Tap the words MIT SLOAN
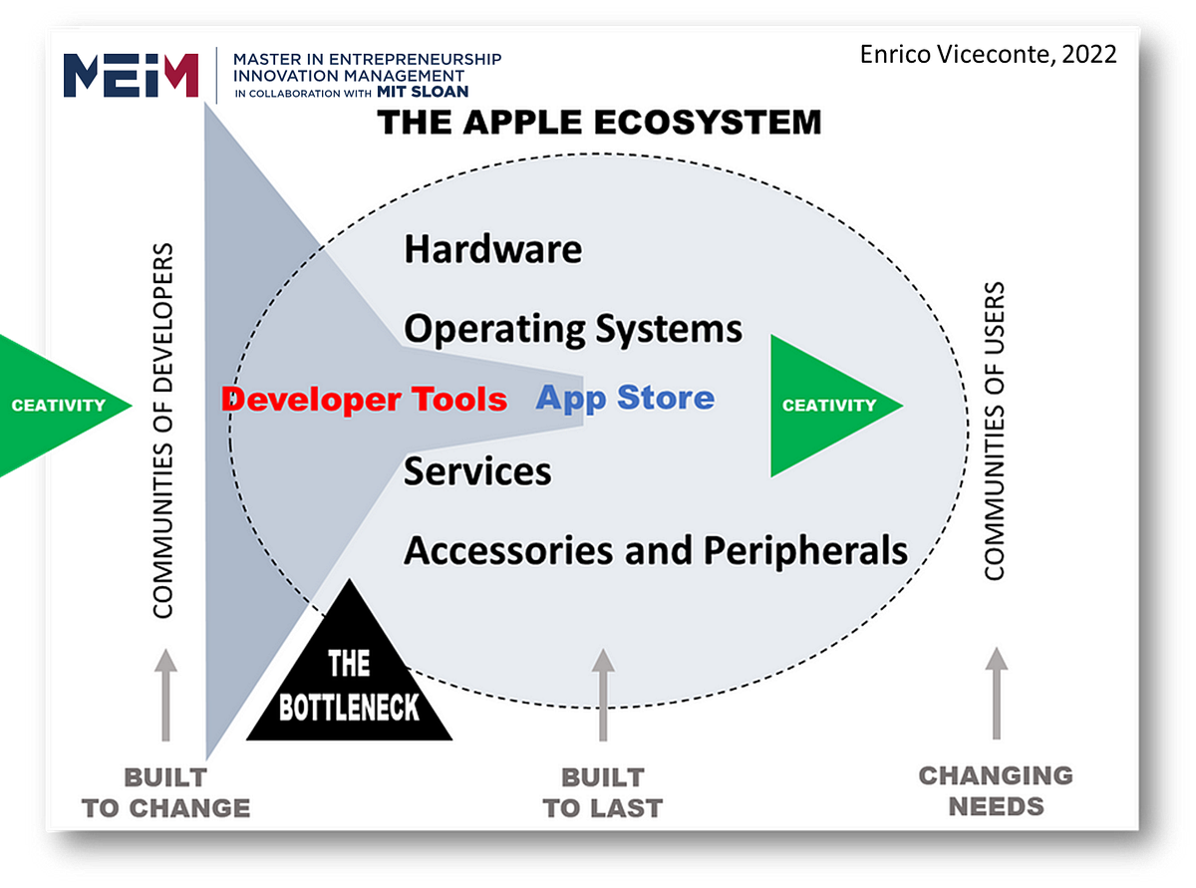point(423,92)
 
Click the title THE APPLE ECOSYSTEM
point(599,123)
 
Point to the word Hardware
point(492,249)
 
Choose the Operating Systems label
point(573,329)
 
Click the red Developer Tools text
point(364,400)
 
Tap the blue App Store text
point(625,398)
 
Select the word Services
point(477,470)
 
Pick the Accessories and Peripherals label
point(655,550)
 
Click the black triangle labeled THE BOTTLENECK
point(348,678)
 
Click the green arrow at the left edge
point(60,405)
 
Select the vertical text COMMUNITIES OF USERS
point(994,431)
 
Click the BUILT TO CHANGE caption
point(165,792)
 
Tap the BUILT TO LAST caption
point(602,792)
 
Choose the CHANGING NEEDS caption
point(996,790)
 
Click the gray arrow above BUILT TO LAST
point(602,695)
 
